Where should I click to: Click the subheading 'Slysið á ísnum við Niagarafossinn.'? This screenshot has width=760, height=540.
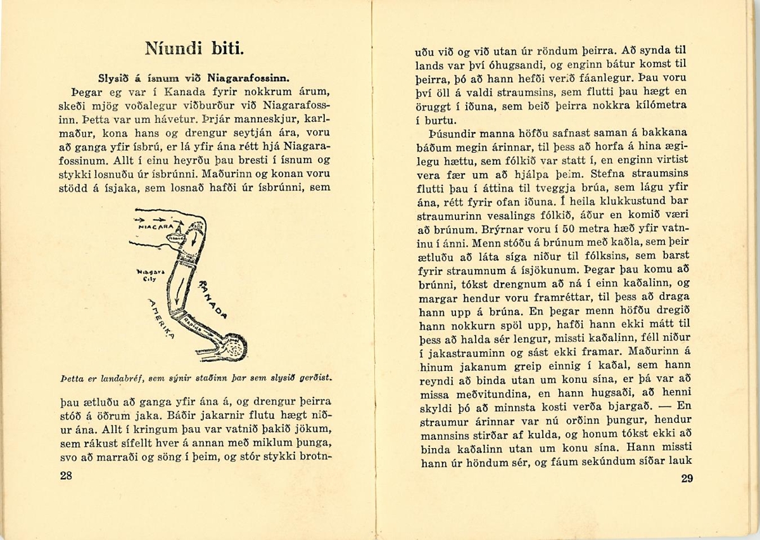194,79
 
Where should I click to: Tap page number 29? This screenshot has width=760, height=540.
687,479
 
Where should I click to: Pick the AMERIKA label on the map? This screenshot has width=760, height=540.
160,319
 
